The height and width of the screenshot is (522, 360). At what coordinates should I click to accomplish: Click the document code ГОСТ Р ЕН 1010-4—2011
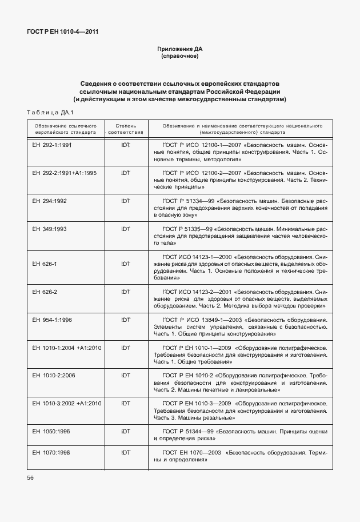tap(62, 31)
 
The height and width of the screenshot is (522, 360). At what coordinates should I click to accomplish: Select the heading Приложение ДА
tap(179, 49)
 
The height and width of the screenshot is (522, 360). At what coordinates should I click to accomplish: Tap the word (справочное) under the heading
tap(179, 57)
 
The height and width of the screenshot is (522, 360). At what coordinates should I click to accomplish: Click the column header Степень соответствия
tap(126, 128)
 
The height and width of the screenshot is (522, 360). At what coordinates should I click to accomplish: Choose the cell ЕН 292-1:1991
tap(52, 145)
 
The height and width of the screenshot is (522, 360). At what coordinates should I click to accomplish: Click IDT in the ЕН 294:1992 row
tap(126, 201)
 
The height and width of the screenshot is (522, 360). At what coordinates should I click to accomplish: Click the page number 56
tap(30, 477)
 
